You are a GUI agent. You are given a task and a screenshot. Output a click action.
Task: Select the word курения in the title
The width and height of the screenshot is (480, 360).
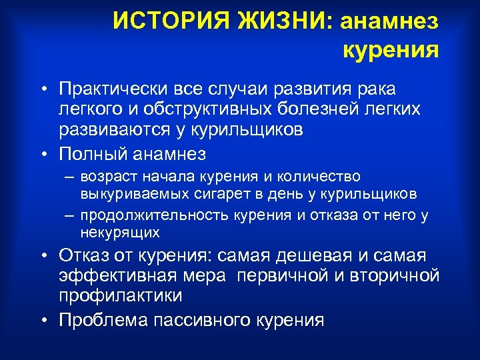(x=391, y=49)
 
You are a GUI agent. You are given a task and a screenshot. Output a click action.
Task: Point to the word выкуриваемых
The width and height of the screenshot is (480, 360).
(x=125, y=194)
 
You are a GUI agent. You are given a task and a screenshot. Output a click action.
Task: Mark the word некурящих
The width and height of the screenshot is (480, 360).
(x=119, y=233)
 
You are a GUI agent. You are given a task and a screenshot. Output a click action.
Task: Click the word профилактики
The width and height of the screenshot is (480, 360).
(x=120, y=295)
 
